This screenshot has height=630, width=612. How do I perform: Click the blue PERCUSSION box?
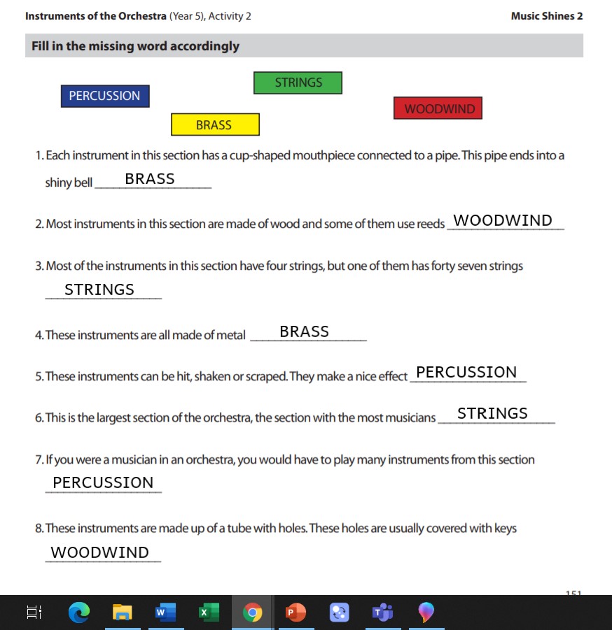point(105,96)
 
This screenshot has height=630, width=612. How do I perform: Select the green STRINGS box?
point(298,83)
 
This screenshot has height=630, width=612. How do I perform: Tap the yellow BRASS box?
point(215,124)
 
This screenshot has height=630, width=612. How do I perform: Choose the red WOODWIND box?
point(438,108)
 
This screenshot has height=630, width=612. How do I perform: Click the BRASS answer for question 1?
point(150,179)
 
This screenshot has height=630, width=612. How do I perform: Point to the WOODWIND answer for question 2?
point(503,221)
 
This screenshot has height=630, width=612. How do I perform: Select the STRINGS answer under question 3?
point(99,289)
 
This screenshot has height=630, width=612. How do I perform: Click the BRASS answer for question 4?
point(304,331)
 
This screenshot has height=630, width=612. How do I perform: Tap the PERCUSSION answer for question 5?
point(466,372)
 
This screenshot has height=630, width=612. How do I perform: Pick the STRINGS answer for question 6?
point(492,413)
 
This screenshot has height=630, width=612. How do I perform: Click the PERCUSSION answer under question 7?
point(103,482)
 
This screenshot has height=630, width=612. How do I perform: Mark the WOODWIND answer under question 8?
point(100,552)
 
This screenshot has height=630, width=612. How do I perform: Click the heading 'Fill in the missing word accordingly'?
point(135,46)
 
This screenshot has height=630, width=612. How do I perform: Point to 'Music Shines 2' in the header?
point(547,16)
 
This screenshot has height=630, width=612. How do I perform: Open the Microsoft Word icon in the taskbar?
point(165,613)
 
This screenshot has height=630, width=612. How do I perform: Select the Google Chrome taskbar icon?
point(252,613)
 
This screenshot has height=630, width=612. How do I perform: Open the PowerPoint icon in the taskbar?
point(295,613)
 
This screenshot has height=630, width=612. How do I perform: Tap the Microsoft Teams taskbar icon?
point(382,613)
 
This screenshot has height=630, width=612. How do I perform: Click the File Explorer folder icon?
point(122,613)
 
